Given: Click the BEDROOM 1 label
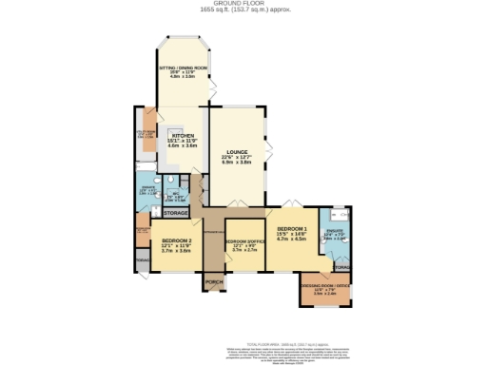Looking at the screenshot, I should point(291,230).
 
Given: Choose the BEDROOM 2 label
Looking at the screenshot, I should point(177,240).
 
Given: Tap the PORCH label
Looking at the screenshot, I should point(213,282).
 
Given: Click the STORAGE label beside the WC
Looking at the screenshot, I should point(176,213).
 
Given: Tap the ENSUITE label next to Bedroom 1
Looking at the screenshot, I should point(336,229).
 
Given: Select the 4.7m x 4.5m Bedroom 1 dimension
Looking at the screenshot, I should point(291,240).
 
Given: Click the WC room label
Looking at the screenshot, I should point(177,194).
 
